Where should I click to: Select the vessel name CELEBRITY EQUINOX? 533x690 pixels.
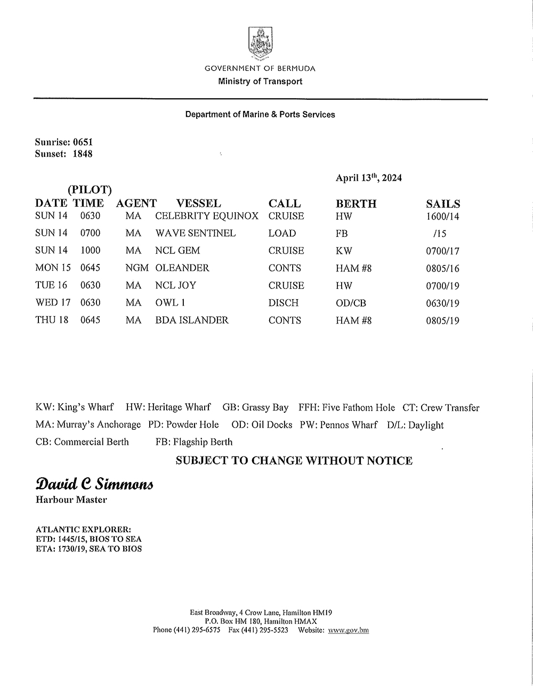207,216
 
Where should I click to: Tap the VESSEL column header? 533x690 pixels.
198,203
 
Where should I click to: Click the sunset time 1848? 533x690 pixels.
83,154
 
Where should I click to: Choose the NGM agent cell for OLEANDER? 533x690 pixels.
137,268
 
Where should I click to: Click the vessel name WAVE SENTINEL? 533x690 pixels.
196,234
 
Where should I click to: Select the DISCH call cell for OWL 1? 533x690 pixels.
284,303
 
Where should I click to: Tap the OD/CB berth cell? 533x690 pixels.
351,303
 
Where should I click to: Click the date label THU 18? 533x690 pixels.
52,320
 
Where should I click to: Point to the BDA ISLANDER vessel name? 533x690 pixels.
192,320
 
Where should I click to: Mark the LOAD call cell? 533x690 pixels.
282,234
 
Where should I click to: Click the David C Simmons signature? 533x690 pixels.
94,484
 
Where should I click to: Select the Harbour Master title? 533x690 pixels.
71,500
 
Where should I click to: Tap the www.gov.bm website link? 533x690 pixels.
349,630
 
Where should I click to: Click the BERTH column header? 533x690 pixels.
356,204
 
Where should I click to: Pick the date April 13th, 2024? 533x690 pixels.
369,178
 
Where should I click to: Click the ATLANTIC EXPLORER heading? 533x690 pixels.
83,529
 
